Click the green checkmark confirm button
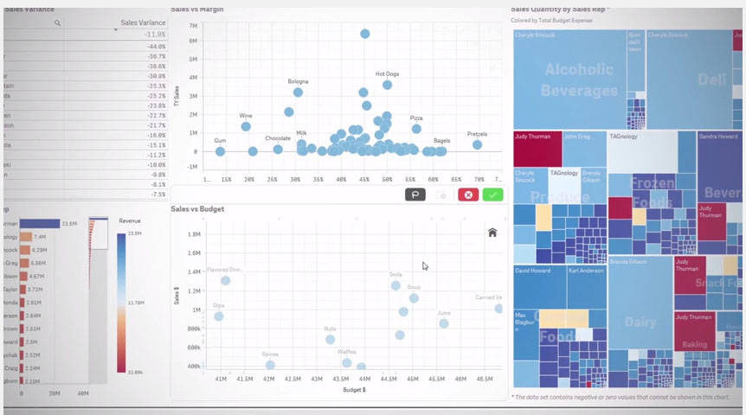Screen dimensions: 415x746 492,195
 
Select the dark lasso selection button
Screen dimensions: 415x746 415,195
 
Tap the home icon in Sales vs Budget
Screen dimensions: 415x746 492,232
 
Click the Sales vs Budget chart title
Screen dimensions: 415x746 197,209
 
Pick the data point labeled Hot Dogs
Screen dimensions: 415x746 387,85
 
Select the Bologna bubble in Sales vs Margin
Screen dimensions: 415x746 298,93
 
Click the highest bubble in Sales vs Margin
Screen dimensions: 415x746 365,34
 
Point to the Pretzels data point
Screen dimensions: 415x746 477,144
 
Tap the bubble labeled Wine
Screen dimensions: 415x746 246,126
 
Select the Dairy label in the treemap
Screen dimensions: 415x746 640,322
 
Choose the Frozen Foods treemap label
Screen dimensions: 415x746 652,191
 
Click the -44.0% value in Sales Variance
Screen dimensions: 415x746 156,46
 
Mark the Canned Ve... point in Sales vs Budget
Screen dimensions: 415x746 498,308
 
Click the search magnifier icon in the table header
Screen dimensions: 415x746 57,22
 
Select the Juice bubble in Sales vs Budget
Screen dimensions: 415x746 444,323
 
